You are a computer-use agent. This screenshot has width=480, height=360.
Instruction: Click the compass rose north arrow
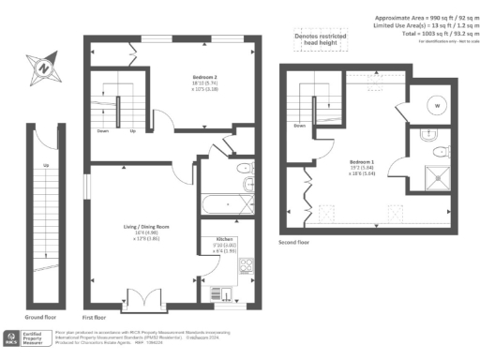(41, 67)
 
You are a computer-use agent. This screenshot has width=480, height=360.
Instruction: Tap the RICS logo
(10, 337)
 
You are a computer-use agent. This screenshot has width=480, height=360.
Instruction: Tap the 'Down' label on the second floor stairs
(299, 125)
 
